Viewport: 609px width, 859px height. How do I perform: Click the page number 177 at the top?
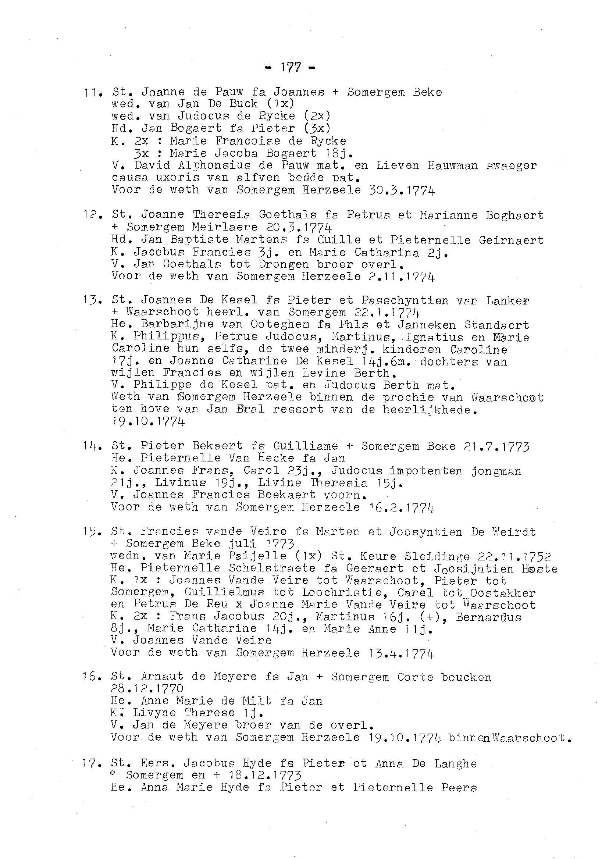coord(290,68)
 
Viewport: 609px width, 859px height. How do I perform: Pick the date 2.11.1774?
coord(399,278)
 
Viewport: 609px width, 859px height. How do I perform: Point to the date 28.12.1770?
coord(147,689)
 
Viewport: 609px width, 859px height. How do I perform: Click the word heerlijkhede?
coord(430,410)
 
